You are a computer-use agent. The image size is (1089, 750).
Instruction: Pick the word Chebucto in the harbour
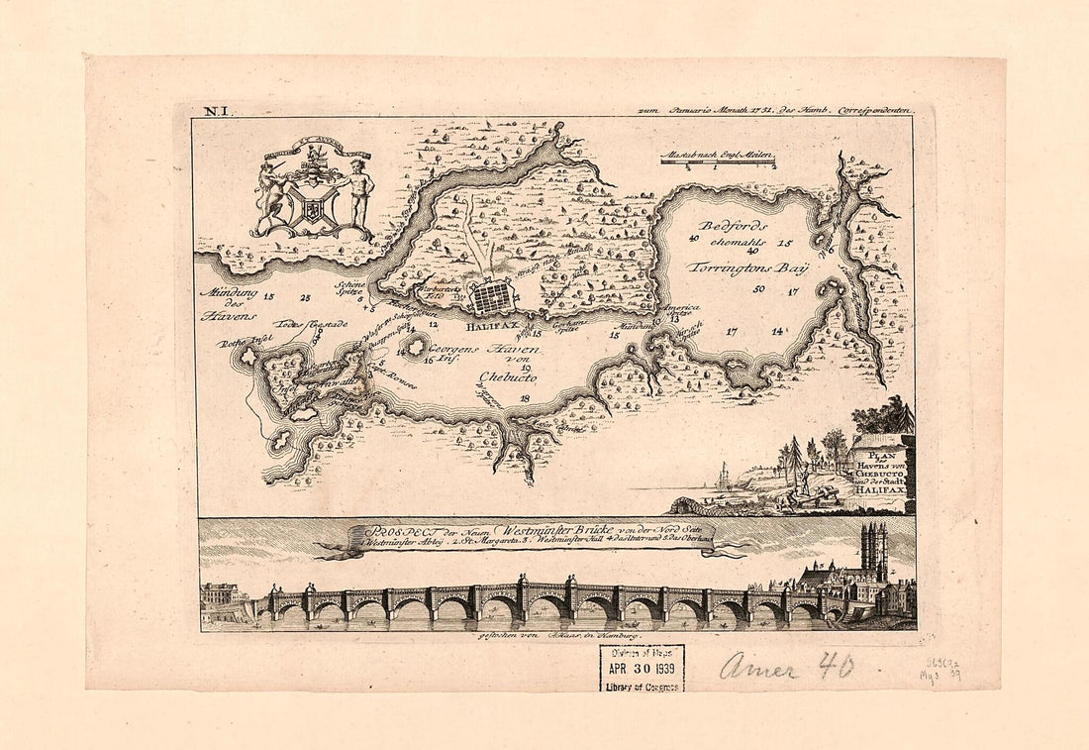508,377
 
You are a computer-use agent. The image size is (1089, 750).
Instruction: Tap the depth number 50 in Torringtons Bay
758,290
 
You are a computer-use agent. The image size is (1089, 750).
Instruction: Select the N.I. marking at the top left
215,113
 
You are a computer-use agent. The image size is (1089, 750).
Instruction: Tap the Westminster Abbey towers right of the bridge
874,550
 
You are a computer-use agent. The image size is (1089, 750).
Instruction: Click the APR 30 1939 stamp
641,667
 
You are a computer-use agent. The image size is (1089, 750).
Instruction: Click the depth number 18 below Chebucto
525,397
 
